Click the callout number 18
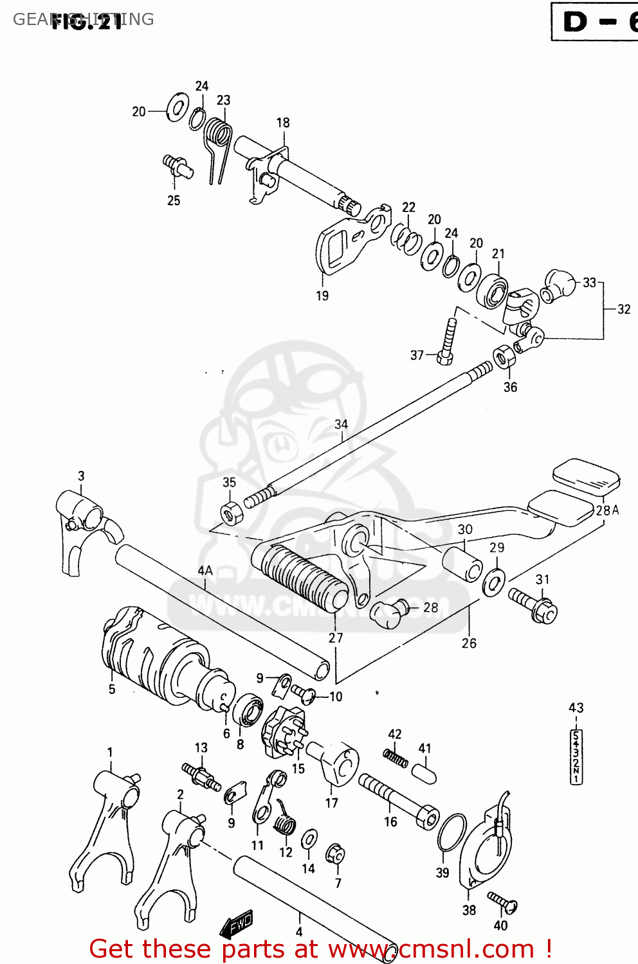click(283, 122)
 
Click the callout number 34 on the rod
click(341, 424)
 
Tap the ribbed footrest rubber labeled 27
click(302, 577)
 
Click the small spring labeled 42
click(396, 758)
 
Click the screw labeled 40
click(502, 903)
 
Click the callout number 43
click(576, 708)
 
